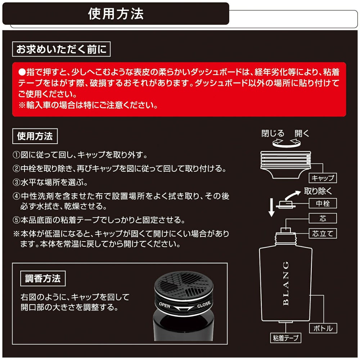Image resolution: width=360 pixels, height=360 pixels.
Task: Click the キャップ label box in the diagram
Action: (323, 178)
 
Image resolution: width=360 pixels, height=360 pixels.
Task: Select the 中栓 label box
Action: (323, 203)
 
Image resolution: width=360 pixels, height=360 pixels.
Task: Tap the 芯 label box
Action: (323, 219)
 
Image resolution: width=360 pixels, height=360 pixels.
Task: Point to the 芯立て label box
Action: (323, 234)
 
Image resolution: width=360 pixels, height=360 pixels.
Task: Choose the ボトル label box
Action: (323, 328)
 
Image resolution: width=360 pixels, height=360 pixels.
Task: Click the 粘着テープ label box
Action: (285, 338)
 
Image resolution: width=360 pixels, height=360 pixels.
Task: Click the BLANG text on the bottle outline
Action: (286, 283)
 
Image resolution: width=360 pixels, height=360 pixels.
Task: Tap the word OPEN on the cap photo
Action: (165, 305)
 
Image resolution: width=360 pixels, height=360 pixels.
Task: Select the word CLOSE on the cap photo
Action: (204, 305)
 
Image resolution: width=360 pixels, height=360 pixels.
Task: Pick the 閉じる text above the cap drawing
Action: (273, 134)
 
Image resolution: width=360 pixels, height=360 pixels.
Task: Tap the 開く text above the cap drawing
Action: (302, 134)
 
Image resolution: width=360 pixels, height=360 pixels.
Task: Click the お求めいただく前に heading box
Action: (61, 49)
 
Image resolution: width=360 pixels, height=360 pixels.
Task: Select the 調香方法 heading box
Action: (43, 279)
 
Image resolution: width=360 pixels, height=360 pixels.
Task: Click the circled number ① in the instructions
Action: (16, 155)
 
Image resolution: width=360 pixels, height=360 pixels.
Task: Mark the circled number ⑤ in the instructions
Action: (16, 220)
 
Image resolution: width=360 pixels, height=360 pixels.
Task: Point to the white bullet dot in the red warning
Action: (22, 72)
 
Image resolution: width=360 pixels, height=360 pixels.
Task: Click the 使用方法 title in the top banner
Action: (116, 14)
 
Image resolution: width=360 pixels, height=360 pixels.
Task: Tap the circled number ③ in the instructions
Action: (16, 183)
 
